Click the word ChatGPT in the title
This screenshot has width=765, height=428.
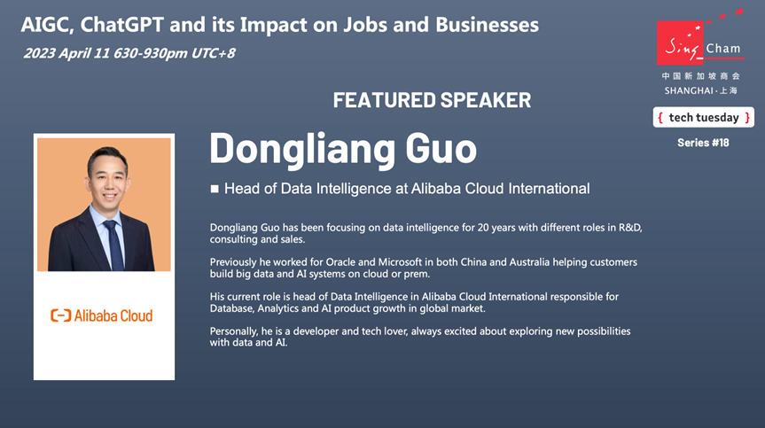pyautogui.click(x=121, y=25)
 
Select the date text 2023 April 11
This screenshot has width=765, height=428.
pyautogui.click(x=66, y=53)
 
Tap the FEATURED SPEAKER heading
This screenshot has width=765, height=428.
pyautogui.click(x=432, y=100)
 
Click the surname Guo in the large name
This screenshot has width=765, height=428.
pyautogui.click(x=441, y=148)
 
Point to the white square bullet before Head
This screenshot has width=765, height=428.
pyautogui.click(x=215, y=189)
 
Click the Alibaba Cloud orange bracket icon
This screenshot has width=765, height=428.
pyautogui.click(x=60, y=315)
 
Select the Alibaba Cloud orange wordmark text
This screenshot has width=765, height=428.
pyautogui.click(x=113, y=315)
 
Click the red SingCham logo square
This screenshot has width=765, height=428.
pyautogui.click(x=680, y=43)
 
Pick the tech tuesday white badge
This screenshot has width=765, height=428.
pyautogui.click(x=704, y=118)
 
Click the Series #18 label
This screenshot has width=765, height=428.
pyautogui.click(x=703, y=143)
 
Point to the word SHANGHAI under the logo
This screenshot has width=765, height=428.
pyautogui.click(x=689, y=90)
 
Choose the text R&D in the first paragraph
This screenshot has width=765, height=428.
pyautogui.click(x=630, y=228)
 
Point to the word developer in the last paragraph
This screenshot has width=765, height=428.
pyautogui.click(x=316, y=331)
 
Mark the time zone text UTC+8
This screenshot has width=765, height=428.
pyautogui.click(x=214, y=53)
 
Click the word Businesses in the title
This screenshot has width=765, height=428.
pyautogui.click(x=487, y=25)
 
